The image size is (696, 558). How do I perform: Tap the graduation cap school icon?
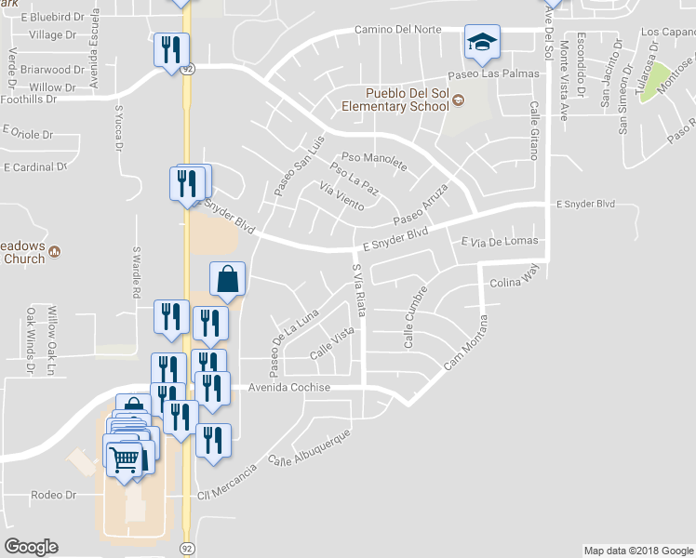[x=482, y=43]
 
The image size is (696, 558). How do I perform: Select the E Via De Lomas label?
[x=500, y=242]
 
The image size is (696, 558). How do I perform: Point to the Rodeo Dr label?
[x=52, y=495]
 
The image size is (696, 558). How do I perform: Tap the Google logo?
[x=31, y=546]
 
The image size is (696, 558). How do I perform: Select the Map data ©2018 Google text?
[x=638, y=551]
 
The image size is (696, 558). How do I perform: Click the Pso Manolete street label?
[x=374, y=160]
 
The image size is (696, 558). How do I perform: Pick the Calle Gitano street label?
[x=535, y=130]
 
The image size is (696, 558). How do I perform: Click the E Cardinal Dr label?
[x=36, y=168]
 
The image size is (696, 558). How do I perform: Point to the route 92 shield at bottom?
[x=187, y=549]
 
